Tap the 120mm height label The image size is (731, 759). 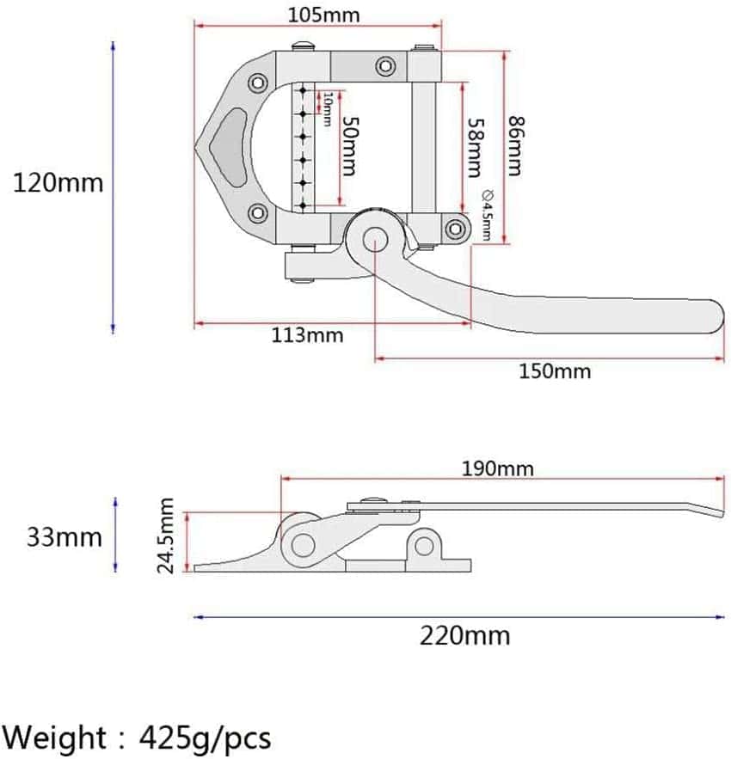click(x=58, y=182)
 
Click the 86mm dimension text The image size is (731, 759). click(x=515, y=146)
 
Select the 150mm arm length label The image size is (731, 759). click(x=555, y=371)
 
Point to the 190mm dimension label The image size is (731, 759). click(x=497, y=468)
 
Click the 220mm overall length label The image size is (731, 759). click(x=464, y=636)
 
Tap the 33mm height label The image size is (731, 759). click(x=64, y=537)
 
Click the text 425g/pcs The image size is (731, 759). click(x=212, y=738)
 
